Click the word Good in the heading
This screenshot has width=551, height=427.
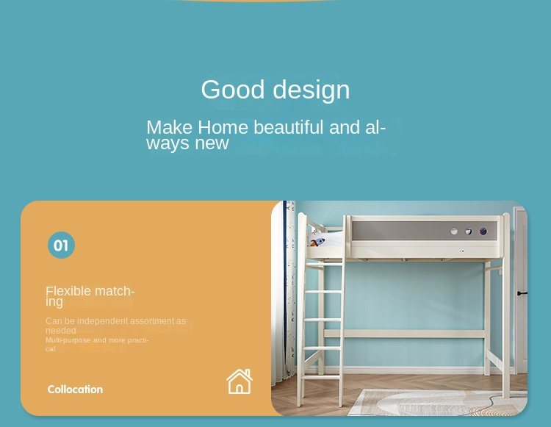pyautogui.click(x=232, y=89)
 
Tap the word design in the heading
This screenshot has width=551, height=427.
pyautogui.click(x=311, y=90)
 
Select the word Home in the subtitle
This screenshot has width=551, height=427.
pyautogui.click(x=223, y=127)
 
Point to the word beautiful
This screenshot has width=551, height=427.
pyautogui.click(x=289, y=127)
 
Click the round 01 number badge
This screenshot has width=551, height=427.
pyautogui.click(x=61, y=245)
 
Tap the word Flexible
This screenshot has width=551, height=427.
pyautogui.click(x=68, y=291)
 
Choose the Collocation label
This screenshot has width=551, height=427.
pyautogui.click(x=75, y=390)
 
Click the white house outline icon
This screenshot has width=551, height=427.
pyautogui.click(x=240, y=381)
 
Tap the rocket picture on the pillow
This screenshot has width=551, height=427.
pyautogui.click(x=317, y=242)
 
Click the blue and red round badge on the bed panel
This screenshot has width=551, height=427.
pyautogui.click(x=483, y=232)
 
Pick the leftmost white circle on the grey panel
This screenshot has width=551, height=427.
pyautogui.click(x=454, y=232)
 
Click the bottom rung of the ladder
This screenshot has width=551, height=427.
pyautogui.click(x=321, y=376)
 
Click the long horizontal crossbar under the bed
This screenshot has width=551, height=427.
pyautogui.click(x=404, y=334)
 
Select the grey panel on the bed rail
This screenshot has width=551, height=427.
pyautogui.click(x=424, y=231)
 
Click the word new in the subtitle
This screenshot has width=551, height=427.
pyautogui.click(x=212, y=143)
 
